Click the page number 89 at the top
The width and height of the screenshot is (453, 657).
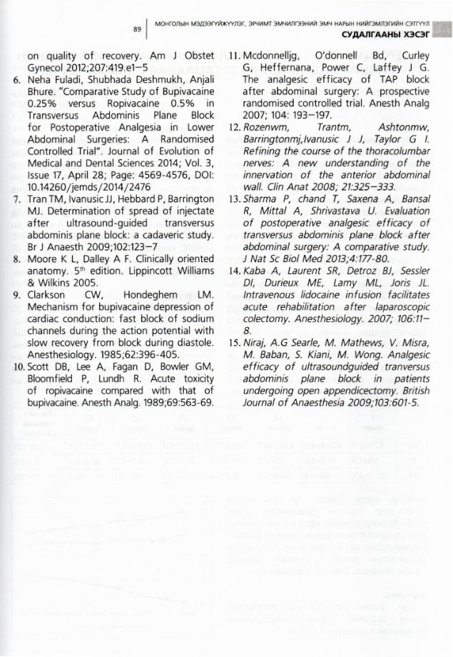tap(138, 30)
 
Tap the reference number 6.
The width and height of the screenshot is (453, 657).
tap(17, 81)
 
